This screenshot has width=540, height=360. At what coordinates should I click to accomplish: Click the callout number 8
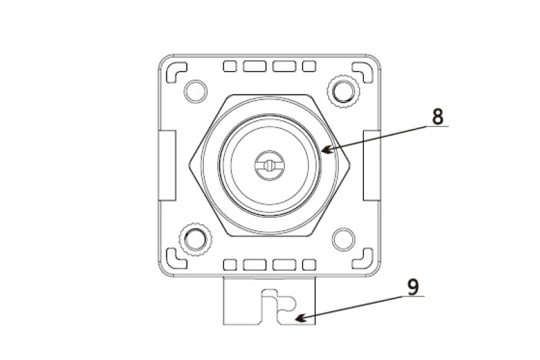[x=437, y=116]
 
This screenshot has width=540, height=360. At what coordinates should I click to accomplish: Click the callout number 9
[x=413, y=286]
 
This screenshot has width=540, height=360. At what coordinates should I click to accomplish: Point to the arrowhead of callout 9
[x=300, y=318]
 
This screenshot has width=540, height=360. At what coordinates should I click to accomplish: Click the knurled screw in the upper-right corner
[x=344, y=91]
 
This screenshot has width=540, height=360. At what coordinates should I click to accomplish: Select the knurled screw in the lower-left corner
[x=196, y=239]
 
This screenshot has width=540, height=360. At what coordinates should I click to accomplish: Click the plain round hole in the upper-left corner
[x=196, y=91]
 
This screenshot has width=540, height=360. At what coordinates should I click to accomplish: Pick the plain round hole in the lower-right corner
[x=344, y=239]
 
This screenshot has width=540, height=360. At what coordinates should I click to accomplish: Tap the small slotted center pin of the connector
[x=269, y=165]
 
